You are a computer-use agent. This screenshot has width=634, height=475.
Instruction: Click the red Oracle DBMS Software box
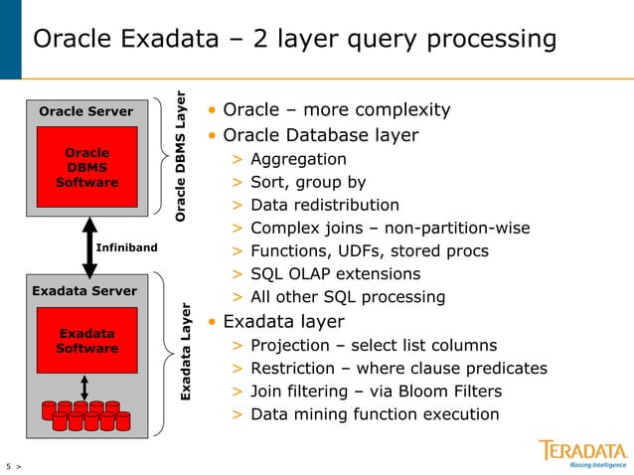coord(86,167)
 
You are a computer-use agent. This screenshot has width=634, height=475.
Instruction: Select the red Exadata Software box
coord(86,341)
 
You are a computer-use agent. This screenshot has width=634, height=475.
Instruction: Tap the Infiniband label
coord(126,246)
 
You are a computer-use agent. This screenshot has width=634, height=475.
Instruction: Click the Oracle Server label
coord(85,111)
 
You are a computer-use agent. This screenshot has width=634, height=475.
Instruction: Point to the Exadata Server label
coord(84,291)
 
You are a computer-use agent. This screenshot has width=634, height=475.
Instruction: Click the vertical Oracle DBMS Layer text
coord(181,156)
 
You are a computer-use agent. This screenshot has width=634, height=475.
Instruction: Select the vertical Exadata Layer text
coord(185,353)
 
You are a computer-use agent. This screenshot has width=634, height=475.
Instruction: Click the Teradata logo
coord(583,452)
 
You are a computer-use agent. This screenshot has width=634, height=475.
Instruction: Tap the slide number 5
coord(9,465)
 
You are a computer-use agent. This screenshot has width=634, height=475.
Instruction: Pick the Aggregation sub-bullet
coord(298,159)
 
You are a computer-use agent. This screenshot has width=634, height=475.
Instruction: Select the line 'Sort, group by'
coord(308,182)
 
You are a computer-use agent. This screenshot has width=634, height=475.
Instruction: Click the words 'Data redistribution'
coord(325,205)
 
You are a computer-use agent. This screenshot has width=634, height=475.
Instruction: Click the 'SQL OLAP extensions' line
coord(335,273)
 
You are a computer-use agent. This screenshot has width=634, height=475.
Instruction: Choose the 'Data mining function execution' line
coord(375,414)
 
